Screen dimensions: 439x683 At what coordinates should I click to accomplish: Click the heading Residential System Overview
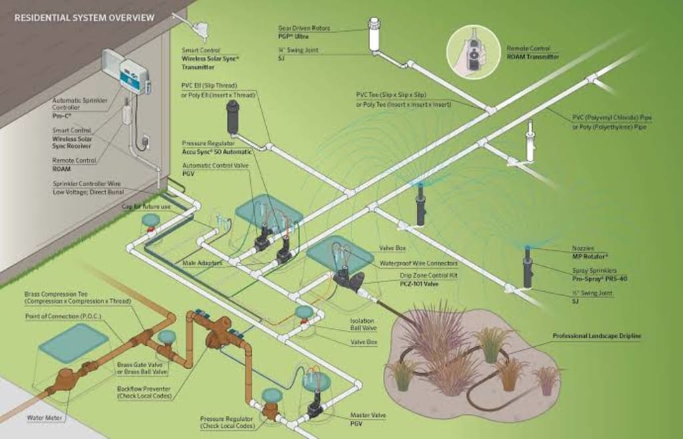pyautogui.click(x=84, y=17)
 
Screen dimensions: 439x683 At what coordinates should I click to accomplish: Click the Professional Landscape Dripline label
pyautogui.click(x=596, y=336)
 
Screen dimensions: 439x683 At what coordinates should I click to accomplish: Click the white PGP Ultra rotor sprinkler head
pyautogui.click(x=374, y=36)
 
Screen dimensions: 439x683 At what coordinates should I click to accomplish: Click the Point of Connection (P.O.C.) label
pyautogui.click(x=62, y=316)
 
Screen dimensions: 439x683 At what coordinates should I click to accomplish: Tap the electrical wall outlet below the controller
pyautogui.click(x=146, y=142)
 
